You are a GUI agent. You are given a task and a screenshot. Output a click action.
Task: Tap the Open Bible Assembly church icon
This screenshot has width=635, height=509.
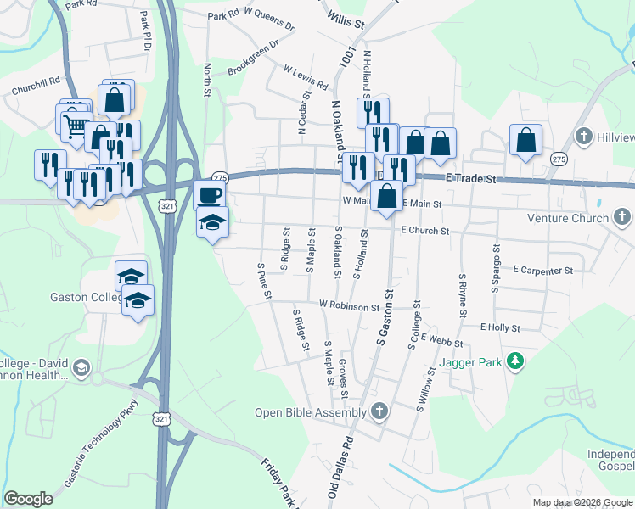379,413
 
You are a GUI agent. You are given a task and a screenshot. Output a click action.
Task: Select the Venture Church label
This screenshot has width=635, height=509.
557,218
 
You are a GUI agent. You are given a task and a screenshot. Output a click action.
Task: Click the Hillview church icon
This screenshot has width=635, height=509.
582,137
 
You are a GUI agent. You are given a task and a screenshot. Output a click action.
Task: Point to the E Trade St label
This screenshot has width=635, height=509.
470,179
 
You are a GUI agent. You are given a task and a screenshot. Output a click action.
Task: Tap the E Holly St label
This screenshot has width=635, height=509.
499,327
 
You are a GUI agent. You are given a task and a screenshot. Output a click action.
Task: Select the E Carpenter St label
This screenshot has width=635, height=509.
543,271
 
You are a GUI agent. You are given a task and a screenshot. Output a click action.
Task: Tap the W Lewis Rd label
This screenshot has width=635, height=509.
306,78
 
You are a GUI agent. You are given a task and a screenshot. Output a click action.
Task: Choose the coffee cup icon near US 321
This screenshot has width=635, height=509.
209,195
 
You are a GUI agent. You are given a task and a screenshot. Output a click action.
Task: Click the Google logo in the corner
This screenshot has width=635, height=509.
28,499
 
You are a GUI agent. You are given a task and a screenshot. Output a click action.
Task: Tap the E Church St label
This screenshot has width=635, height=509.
424,230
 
